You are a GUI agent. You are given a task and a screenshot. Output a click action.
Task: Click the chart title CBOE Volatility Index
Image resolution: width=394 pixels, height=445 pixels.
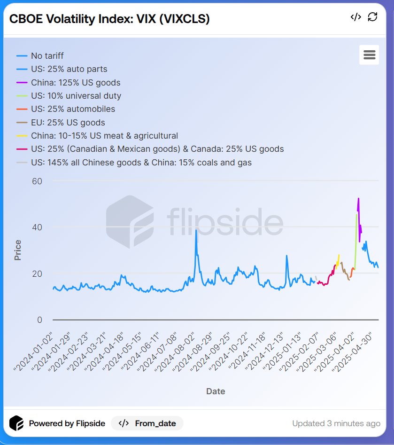109,19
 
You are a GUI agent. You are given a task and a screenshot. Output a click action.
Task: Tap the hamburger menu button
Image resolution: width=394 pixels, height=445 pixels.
369,55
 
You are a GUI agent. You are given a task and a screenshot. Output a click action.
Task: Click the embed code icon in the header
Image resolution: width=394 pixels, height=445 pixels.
356,17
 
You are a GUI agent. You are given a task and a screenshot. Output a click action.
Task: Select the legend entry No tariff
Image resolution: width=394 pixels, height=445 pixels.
47,56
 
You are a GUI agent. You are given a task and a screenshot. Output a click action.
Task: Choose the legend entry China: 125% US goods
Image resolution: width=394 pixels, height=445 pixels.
76,83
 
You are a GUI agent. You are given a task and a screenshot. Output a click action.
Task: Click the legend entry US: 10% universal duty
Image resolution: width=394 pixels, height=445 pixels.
76,96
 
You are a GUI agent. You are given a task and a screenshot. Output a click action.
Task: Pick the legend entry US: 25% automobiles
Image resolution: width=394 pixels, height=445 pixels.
73,109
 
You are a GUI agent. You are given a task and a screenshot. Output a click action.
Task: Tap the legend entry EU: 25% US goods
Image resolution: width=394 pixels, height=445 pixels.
68,123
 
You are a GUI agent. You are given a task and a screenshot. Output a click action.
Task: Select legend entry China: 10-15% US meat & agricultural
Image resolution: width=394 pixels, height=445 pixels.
104,136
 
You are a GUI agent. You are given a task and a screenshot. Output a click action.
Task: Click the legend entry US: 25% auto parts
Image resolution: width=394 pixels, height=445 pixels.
69,69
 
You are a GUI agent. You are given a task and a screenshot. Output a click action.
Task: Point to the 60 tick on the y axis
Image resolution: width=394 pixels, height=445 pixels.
37,181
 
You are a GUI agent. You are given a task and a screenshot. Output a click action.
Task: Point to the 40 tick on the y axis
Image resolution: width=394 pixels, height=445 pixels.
37,227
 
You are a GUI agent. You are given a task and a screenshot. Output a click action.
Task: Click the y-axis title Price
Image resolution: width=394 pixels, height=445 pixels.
18,250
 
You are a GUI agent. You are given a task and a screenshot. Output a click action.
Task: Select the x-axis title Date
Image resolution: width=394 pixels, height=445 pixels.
216,391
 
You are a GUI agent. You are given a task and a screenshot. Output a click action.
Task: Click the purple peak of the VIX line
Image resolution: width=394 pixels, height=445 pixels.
358,199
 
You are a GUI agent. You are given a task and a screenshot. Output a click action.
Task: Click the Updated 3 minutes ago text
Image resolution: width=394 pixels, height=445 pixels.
336,423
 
